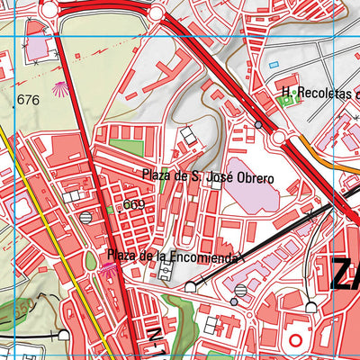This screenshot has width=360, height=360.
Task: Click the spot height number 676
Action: click(x=28, y=100)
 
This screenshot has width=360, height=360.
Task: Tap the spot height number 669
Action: click(x=134, y=204)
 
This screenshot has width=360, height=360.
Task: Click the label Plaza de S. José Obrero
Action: click(x=207, y=176)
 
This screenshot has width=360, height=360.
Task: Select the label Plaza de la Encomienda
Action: click(x=172, y=257)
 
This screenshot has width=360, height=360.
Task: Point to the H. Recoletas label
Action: click(x=319, y=94)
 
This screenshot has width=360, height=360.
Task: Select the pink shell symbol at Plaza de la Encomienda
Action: click(x=110, y=266)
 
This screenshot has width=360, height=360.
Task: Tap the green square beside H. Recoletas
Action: click(x=288, y=100)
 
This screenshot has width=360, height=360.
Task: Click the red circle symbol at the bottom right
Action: click(x=296, y=342)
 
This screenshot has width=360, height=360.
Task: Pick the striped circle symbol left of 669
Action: click(x=85, y=217)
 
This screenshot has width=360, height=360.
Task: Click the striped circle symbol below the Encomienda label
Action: click(x=240, y=290)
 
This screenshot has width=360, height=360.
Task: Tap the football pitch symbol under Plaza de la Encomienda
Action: click(x=166, y=274)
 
